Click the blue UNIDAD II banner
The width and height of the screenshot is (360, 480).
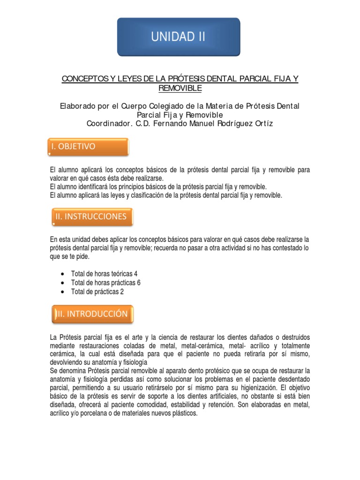pos(178,37)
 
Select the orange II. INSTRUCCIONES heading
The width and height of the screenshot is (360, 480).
pos(91,217)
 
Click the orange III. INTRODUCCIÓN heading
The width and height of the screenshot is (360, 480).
pos(92,314)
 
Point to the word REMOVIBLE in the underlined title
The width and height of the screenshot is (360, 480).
pos(180,88)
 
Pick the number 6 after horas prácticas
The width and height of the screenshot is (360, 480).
pos(138,283)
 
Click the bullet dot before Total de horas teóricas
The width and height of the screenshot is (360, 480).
pos(63,274)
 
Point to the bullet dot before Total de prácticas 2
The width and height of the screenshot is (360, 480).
pos(63,292)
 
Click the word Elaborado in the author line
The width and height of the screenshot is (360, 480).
pos(77,106)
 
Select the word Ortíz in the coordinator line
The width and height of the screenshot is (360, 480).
pos(262,124)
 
